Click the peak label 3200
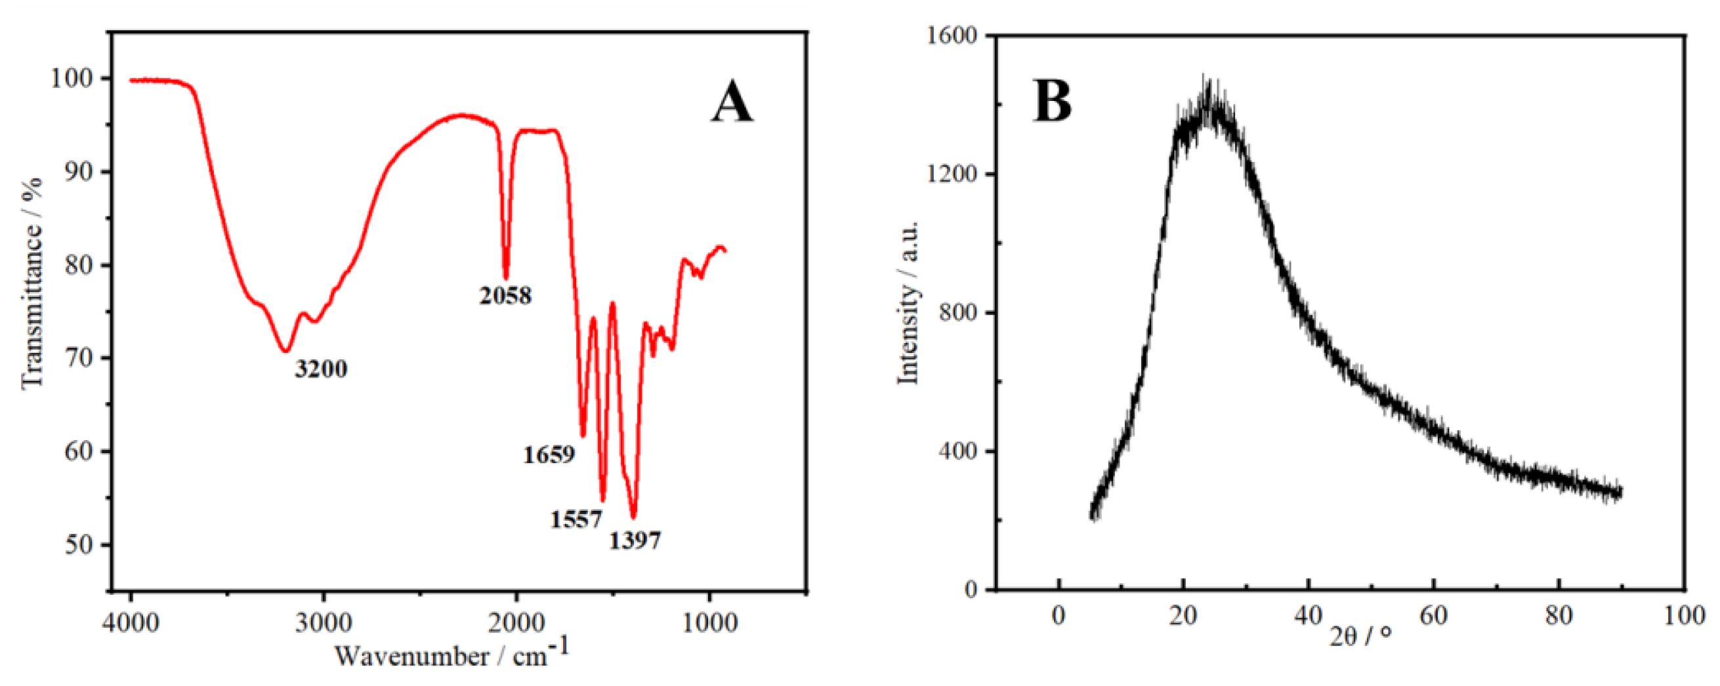(321, 369)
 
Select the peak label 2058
(505, 296)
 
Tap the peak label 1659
(549, 455)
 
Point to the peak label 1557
(576, 519)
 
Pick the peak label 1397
(635, 540)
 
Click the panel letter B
(1053, 102)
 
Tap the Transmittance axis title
(32, 283)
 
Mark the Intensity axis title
(908, 302)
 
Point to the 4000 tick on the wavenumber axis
(132, 622)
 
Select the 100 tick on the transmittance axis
(72, 79)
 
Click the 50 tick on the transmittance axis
(79, 544)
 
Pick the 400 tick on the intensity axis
(957, 451)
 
